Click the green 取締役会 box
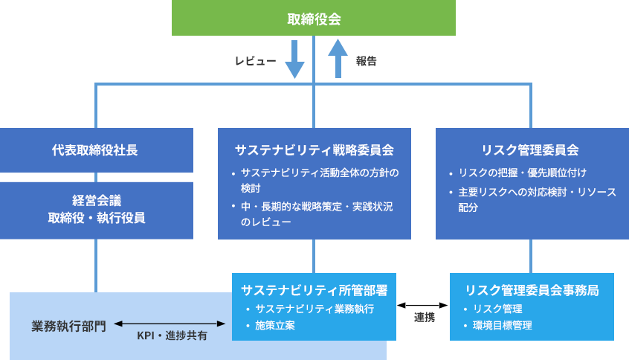pyautogui.click(x=314, y=18)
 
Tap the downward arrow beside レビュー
pyautogui.click(x=295, y=60)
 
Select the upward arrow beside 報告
pyautogui.click(x=338, y=59)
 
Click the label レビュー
pyautogui.click(x=256, y=62)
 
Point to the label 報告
pyautogui.click(x=366, y=62)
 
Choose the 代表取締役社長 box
pyautogui.click(x=96, y=150)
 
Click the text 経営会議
pyautogui.click(x=96, y=202)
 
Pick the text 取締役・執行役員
pyautogui.click(x=96, y=218)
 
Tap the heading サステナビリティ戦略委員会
pyautogui.click(x=314, y=150)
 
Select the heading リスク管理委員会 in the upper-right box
pyautogui.click(x=530, y=150)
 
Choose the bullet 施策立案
pyautogui.click(x=275, y=325)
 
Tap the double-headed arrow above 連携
pyautogui.click(x=424, y=305)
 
